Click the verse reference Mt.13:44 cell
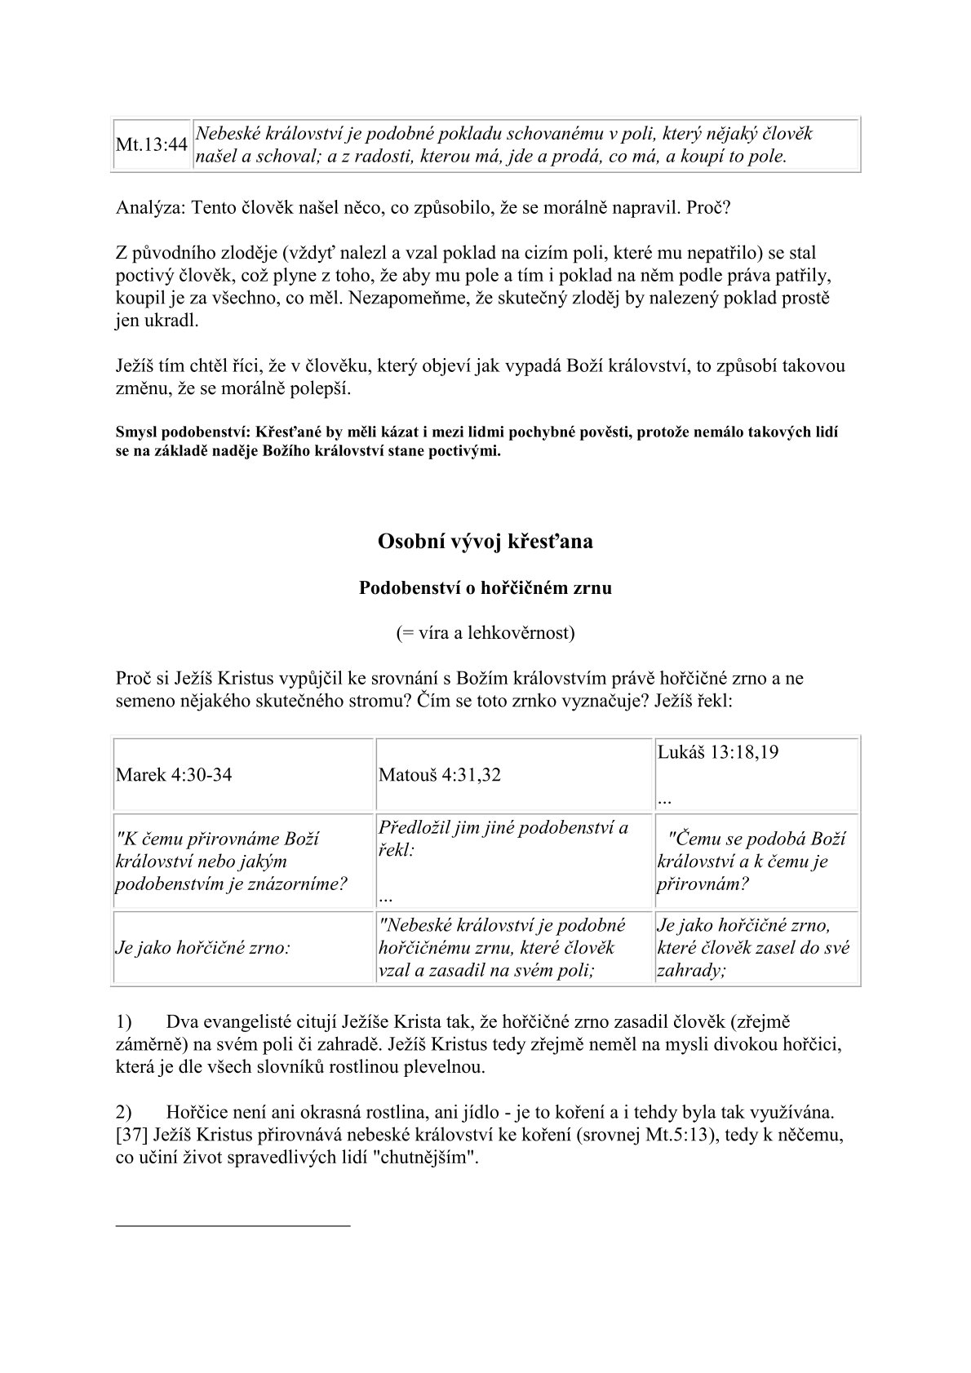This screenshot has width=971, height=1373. [152, 145]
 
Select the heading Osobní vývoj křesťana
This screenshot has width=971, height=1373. [485, 541]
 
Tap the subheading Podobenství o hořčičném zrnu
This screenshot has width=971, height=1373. [485, 587]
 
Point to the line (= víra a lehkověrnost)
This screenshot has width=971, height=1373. [485, 632]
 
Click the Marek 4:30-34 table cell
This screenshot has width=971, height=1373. [174, 775]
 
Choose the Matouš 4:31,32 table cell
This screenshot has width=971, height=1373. [440, 775]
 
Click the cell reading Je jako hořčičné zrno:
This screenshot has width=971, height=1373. [203, 948]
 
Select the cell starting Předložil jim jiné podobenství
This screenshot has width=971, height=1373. [503, 838]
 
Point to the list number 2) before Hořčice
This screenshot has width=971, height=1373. [124, 1112]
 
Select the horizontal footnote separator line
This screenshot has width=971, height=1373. [233, 1225]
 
